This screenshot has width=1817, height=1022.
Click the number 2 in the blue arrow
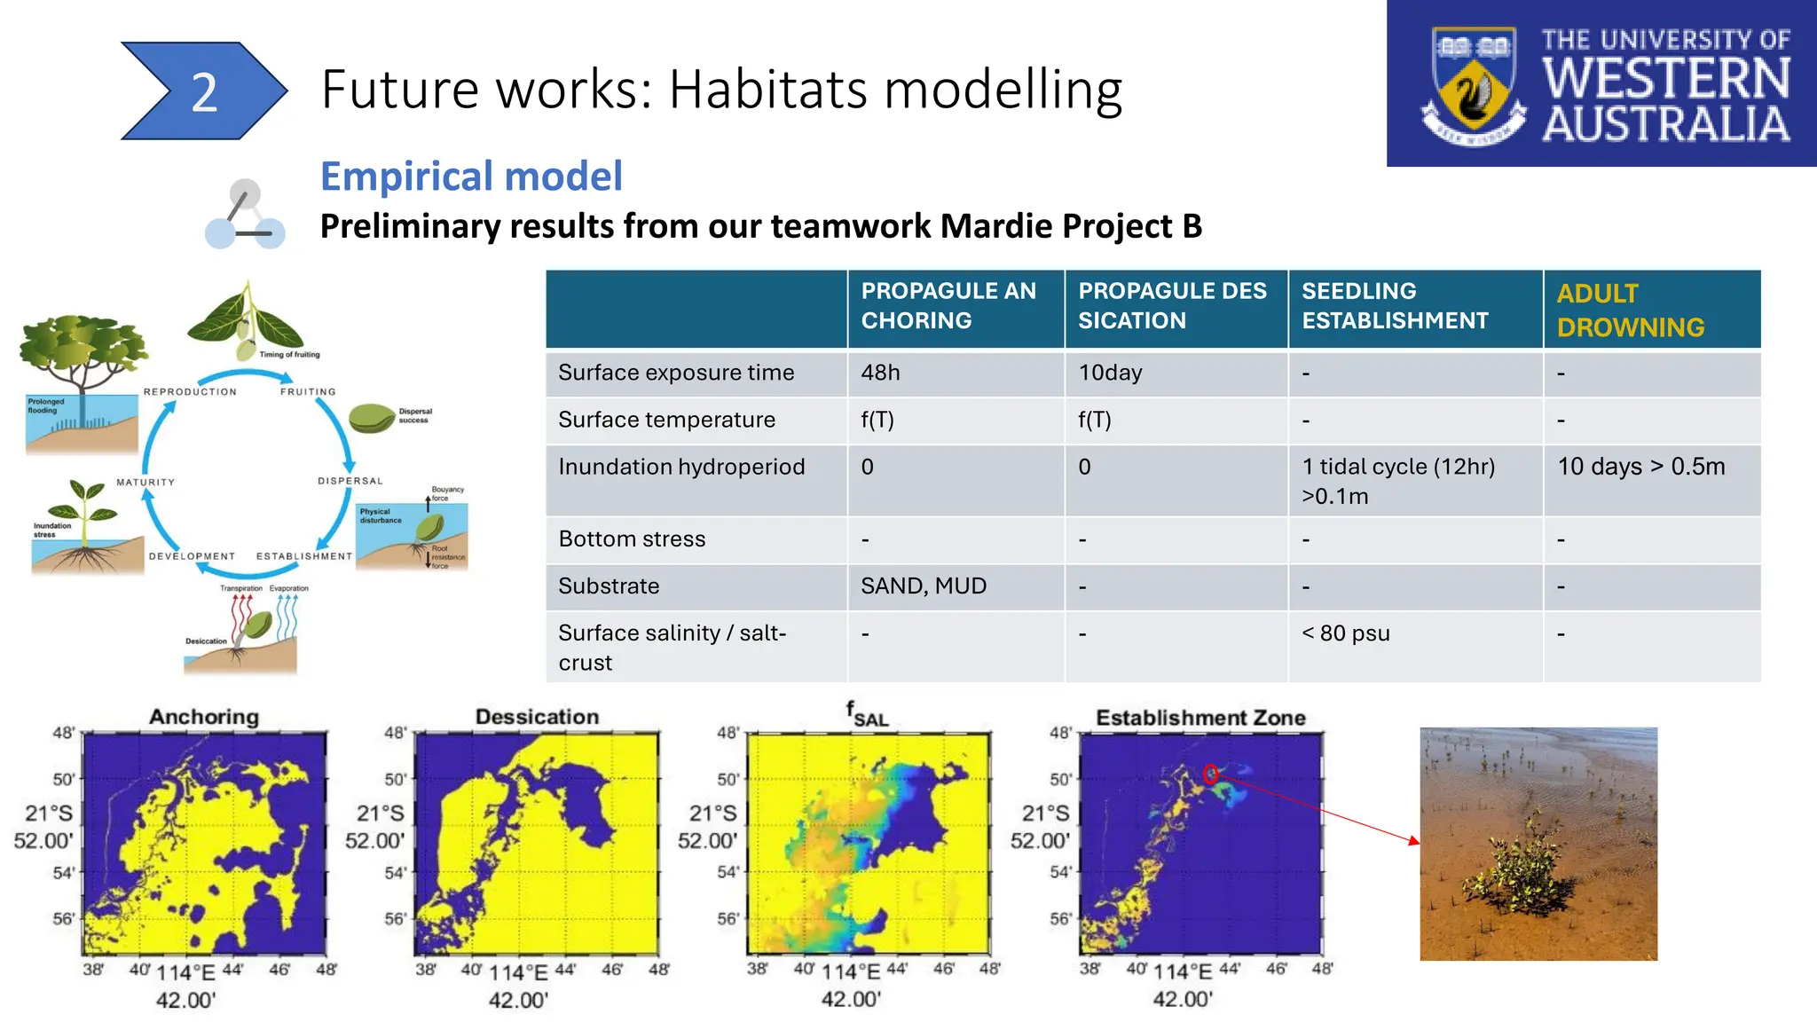(204, 92)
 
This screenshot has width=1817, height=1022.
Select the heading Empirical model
(471, 176)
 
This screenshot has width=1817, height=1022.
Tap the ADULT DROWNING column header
(1630, 310)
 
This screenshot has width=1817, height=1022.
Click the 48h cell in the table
(880, 373)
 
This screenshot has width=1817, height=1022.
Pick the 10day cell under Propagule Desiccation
(1110, 373)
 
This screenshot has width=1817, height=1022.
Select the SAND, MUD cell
(923, 586)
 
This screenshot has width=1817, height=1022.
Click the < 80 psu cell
(1345, 633)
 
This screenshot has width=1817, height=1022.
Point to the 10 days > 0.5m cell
(1640, 467)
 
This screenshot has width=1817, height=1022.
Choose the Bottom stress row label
(632, 539)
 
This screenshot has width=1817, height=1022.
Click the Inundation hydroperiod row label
(681, 467)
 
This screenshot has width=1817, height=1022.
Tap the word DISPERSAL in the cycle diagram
(350, 481)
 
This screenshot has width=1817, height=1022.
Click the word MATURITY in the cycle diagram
(146, 483)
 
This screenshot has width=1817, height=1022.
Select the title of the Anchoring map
(204, 717)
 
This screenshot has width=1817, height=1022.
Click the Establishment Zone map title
(1200, 718)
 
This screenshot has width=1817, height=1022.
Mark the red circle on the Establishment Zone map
(1210, 774)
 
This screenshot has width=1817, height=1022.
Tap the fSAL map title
(867, 714)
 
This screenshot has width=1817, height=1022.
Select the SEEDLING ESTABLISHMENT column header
(1394, 306)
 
